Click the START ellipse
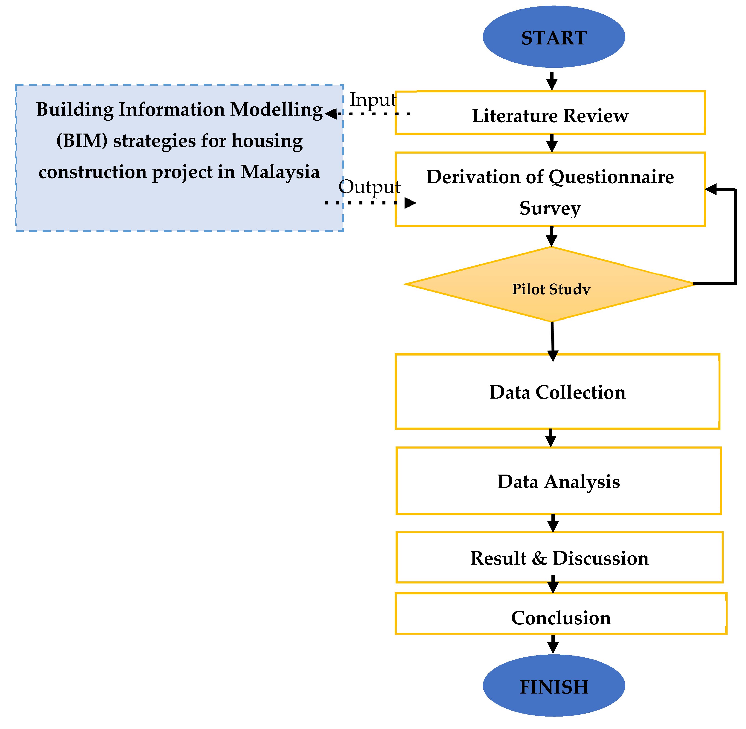tap(554, 37)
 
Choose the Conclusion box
tap(560, 618)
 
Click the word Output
tap(369, 187)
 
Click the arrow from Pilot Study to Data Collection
tap(552, 341)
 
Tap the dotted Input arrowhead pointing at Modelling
tap(330, 114)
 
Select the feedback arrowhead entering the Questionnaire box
tap(710, 189)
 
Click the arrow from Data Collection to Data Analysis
tap(551, 438)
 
